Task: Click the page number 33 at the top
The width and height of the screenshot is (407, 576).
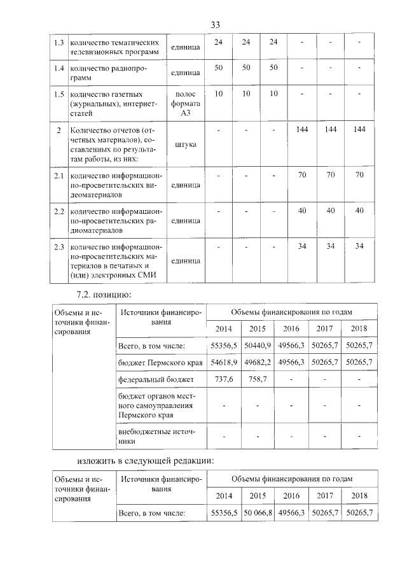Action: click(x=215, y=24)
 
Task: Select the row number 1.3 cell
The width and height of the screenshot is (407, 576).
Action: click(x=59, y=43)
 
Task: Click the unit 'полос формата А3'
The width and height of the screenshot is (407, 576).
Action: click(x=185, y=103)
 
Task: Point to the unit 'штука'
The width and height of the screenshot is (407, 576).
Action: click(x=185, y=144)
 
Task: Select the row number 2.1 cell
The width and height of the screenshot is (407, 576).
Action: click(x=59, y=174)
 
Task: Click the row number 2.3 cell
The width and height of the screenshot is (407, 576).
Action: click(x=59, y=246)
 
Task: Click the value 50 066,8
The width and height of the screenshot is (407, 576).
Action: click(x=258, y=512)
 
